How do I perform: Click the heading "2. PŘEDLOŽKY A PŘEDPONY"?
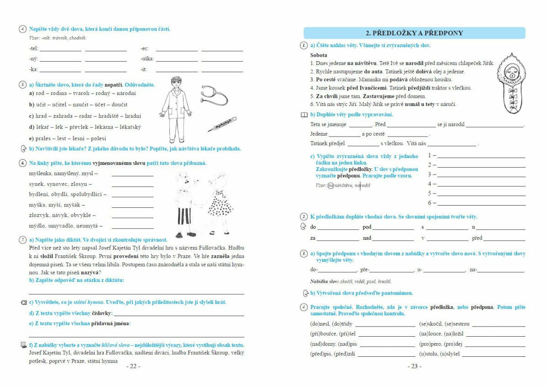(414, 33)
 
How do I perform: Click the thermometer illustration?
(222, 124)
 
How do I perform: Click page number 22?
(133, 366)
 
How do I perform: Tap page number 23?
(414, 366)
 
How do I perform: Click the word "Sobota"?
(319, 55)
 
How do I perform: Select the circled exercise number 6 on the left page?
(22, 163)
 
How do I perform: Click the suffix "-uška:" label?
(147, 59)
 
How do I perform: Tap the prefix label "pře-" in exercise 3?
(364, 270)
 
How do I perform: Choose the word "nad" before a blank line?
(367, 238)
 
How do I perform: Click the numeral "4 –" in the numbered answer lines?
(432, 184)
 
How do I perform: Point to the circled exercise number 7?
(22, 239)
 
